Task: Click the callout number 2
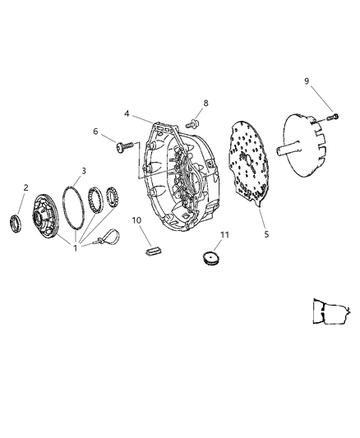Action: (x=25, y=188)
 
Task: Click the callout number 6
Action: (x=95, y=131)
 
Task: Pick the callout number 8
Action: (x=207, y=103)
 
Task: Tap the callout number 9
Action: (x=307, y=81)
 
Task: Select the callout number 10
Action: (x=136, y=220)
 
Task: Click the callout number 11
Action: (x=224, y=236)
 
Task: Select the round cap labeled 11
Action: (x=212, y=260)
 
